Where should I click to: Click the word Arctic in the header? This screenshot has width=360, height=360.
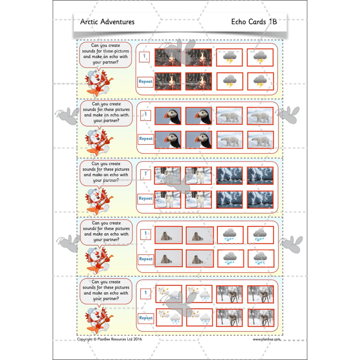(x=89, y=22)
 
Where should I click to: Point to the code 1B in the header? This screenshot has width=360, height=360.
(x=272, y=22)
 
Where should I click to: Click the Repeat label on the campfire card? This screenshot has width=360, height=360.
(x=146, y=82)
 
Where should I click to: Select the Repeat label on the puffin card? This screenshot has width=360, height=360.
(x=146, y=139)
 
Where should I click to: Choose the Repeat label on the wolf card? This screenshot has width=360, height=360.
(x=146, y=198)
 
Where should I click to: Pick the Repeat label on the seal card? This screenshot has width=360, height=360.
(x=146, y=259)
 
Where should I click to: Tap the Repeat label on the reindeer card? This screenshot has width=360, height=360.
(x=146, y=318)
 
